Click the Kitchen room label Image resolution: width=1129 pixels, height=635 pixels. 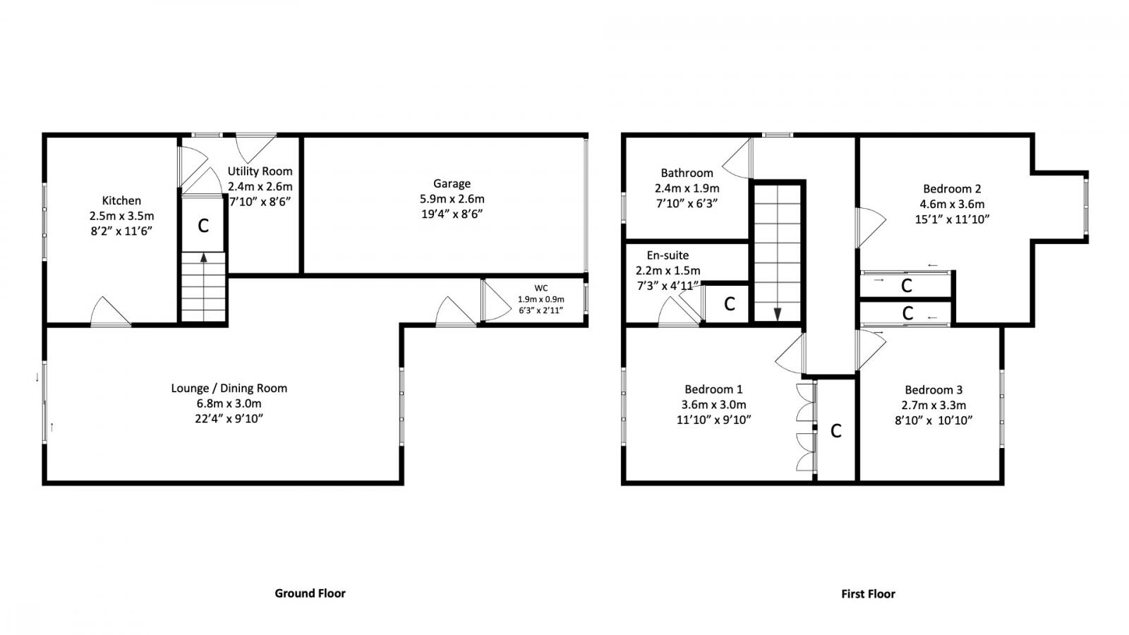121,200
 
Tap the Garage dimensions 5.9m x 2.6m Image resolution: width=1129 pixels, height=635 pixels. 452,199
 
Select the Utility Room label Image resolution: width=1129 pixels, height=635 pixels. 260,171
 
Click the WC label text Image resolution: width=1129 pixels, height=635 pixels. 541,288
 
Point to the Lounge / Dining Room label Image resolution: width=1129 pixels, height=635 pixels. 229,388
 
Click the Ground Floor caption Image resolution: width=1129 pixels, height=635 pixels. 310,593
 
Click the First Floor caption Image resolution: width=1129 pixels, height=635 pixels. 868,594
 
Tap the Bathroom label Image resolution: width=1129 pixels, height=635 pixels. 687,173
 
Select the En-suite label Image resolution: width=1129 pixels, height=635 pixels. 668,255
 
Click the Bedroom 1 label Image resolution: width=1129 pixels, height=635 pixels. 713,389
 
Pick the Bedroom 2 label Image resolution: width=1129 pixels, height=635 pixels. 952,188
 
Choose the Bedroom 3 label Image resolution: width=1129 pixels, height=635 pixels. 934,390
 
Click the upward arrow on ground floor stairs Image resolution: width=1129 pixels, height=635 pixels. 204,258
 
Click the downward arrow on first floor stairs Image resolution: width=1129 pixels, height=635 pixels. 777,314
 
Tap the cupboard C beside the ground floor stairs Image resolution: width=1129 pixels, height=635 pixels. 203,226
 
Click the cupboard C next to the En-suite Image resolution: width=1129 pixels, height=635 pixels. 730,304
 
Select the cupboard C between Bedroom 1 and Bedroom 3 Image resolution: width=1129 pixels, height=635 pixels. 836,430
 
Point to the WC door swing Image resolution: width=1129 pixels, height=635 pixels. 494,301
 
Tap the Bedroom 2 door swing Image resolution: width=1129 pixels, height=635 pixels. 869,226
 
